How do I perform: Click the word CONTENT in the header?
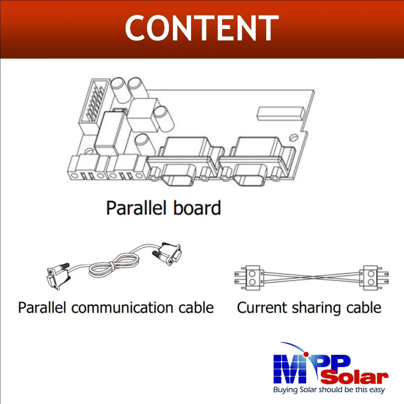202,28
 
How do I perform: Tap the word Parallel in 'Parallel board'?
133,208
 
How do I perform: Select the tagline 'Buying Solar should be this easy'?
329,390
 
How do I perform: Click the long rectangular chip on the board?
281,114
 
